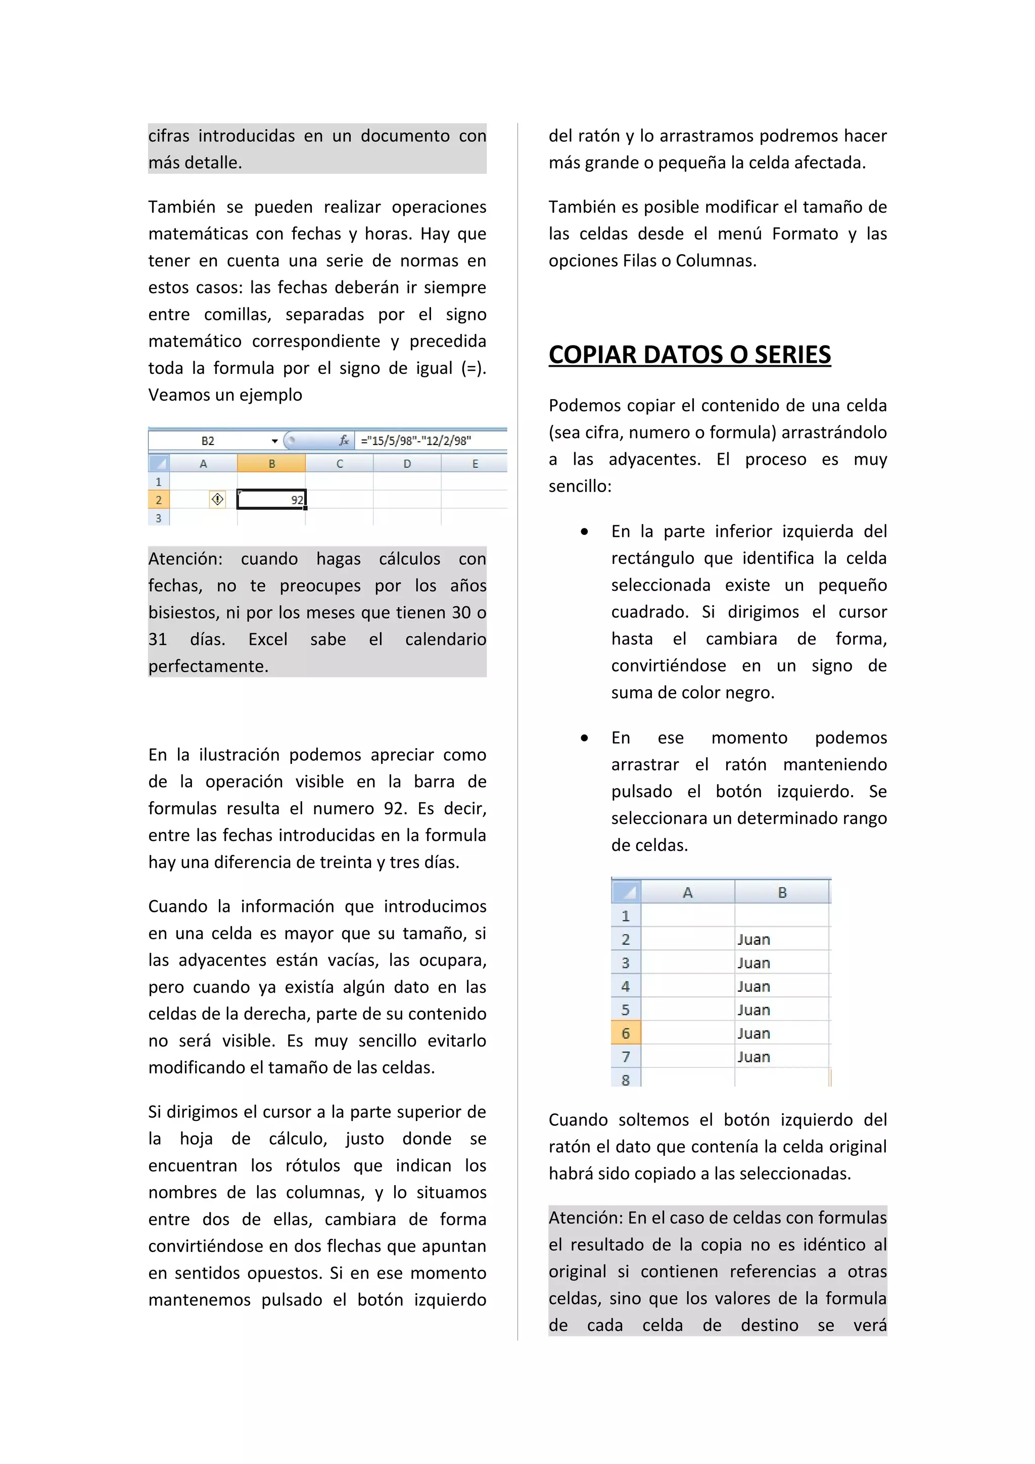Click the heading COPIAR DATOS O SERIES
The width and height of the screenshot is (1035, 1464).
click(x=689, y=355)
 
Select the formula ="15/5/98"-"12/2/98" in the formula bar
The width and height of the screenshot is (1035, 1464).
click(x=416, y=441)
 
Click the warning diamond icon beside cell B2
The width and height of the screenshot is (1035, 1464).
click(x=217, y=499)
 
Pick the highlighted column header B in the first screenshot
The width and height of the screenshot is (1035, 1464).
click(x=272, y=464)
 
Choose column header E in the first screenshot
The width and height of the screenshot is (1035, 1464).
click(x=475, y=464)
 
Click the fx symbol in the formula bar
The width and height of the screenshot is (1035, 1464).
click(x=344, y=441)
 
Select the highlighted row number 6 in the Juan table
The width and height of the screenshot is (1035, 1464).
click(x=626, y=1033)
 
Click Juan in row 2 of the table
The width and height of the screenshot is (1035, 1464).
click(x=754, y=940)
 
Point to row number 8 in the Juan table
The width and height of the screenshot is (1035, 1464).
click(x=626, y=1080)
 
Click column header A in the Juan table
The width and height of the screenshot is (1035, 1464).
click(x=687, y=893)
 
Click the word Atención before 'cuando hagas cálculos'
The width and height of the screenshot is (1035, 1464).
click(x=185, y=559)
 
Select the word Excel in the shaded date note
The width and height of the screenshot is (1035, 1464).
click(x=268, y=640)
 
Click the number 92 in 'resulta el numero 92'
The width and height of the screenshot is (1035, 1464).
click(x=395, y=808)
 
